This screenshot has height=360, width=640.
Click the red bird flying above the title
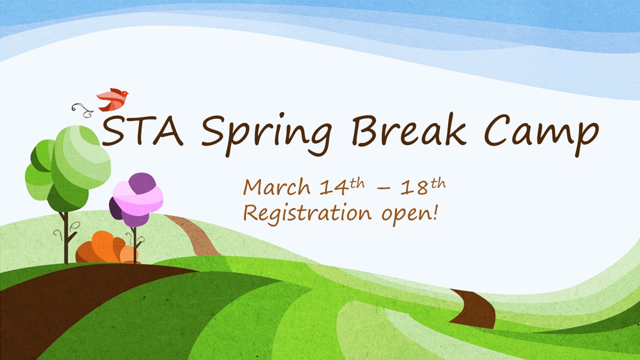pos(112,99)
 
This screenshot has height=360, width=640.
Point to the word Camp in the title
pos(541,135)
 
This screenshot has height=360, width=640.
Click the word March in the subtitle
pos(276,186)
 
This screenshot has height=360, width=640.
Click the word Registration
pos(307,213)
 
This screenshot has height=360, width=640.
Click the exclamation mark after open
pos(435,212)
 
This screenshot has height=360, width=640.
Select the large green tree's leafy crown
pos(68,168)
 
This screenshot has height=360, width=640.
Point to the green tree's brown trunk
pos(66,237)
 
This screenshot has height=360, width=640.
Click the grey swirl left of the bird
pos(82,110)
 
